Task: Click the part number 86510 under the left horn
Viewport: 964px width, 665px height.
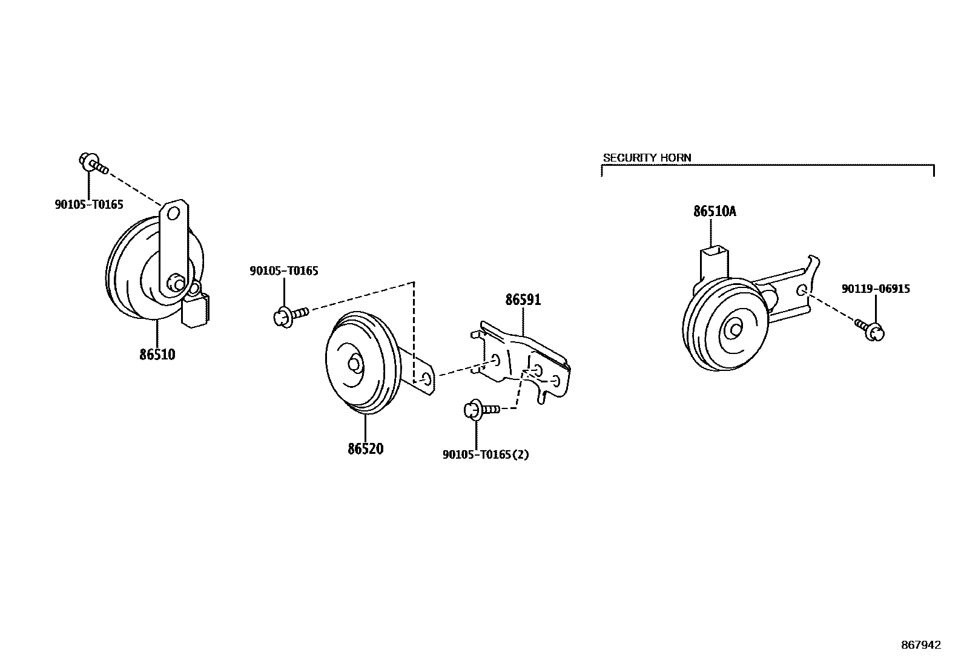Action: [x=157, y=355]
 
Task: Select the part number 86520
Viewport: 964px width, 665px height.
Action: [x=365, y=449]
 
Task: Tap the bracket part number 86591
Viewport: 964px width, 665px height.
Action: [x=523, y=300]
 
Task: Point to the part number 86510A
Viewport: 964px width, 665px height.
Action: [x=715, y=212]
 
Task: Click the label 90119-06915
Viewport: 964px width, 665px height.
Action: [x=875, y=289]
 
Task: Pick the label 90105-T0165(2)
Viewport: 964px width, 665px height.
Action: [x=486, y=454]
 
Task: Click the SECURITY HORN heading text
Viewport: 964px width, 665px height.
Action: [x=647, y=158]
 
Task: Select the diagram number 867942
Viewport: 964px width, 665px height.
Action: [x=921, y=645]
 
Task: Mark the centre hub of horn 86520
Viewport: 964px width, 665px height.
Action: [x=353, y=364]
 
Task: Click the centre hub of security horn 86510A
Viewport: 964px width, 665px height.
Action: [x=735, y=329]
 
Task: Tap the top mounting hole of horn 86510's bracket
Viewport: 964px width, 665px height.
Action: [x=173, y=214]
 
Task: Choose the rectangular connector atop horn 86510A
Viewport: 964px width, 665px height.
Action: [x=714, y=261]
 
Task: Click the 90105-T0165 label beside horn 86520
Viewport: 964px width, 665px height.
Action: [x=283, y=271]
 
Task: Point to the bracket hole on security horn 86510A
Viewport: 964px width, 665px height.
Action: [x=802, y=290]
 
